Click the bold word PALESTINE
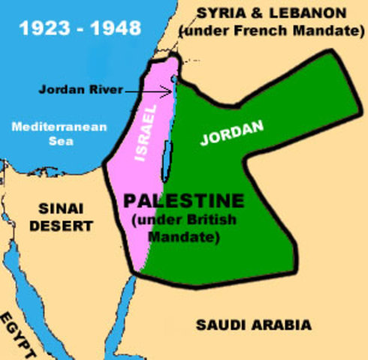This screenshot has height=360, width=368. (x=184, y=201)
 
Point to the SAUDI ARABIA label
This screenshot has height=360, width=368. (x=253, y=325)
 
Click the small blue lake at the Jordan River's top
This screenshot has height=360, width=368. (x=174, y=78)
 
